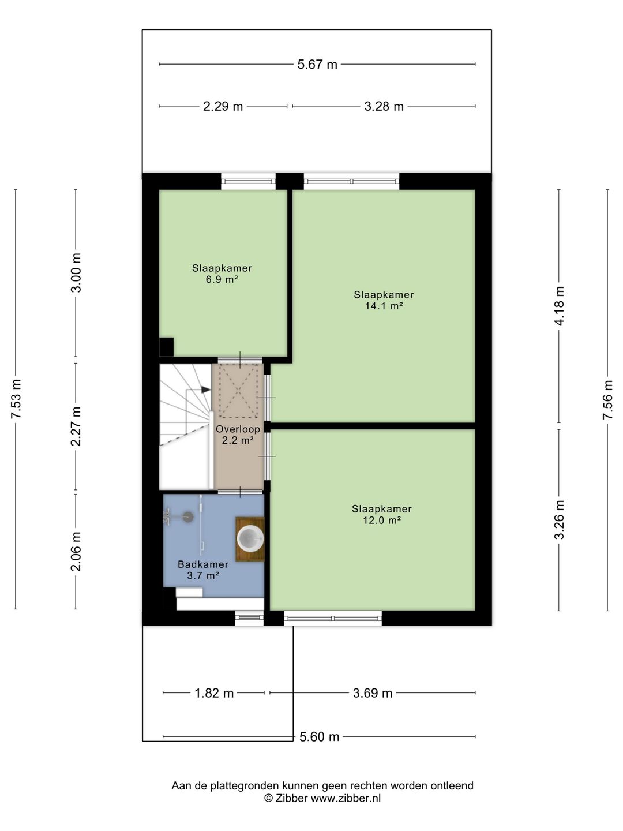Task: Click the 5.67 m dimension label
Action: coord(317,65)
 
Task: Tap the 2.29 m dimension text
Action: coord(223,106)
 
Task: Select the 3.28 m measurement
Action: coord(384,106)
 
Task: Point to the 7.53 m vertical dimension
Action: coord(16,399)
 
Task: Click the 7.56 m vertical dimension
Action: coord(607,399)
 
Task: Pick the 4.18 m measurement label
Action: coord(559,306)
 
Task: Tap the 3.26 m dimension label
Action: coord(559,519)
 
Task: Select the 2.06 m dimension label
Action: coord(76,551)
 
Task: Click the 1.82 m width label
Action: coord(213,693)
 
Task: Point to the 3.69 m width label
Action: coord(373,693)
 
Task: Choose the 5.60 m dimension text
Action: coord(319,737)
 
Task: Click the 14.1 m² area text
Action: coord(384,306)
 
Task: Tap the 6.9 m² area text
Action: coord(222,279)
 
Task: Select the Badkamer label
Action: coord(203,564)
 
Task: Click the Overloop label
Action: coord(238,429)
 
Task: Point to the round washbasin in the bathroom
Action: coord(250,538)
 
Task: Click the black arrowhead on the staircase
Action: coord(206,390)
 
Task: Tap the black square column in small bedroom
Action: coord(167,347)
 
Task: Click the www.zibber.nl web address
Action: coord(346,798)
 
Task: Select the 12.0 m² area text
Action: coord(382,520)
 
